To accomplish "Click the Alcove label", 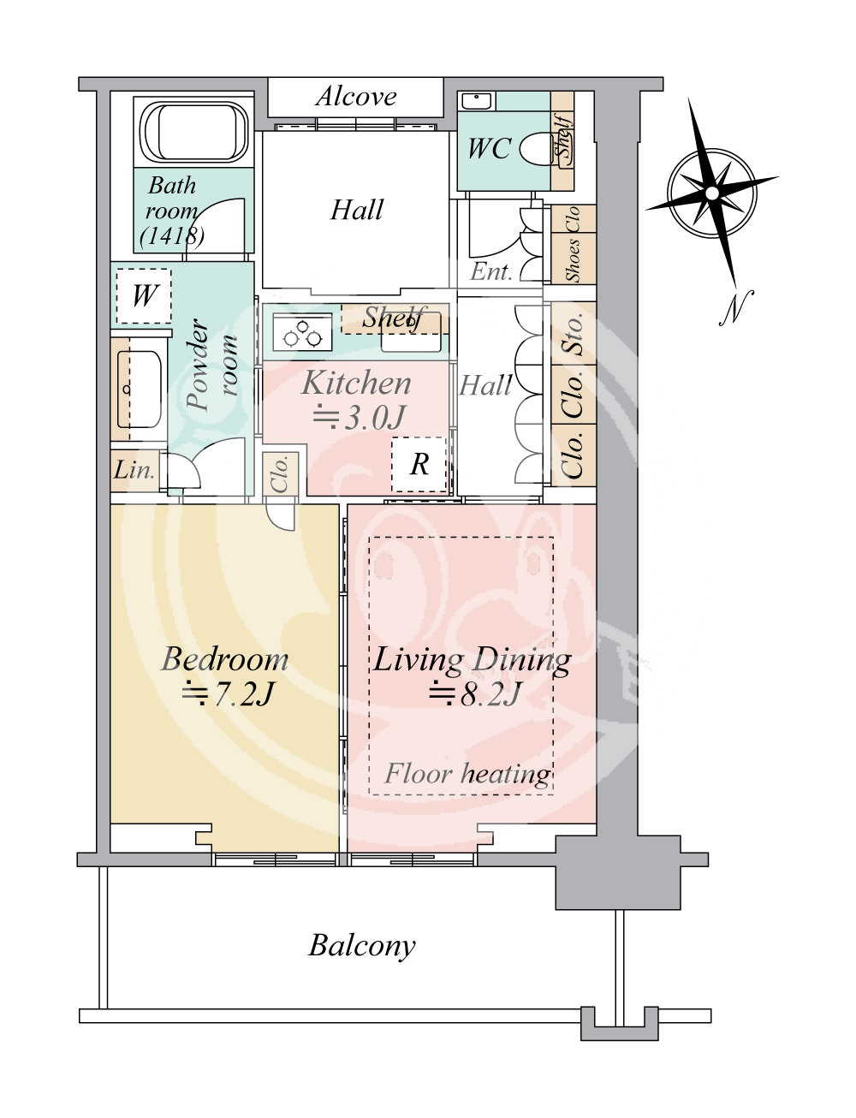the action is [356, 96].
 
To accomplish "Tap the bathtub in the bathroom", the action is [194, 132].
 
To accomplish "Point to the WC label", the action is [489, 148].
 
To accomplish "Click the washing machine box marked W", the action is [144, 296].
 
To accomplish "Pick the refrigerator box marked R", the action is [419, 464].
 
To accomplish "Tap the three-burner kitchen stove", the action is [302, 332].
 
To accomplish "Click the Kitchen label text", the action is [356, 384].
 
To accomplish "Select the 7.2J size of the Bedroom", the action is [226, 694].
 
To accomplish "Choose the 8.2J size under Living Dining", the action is [475, 693].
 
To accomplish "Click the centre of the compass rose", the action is [711, 193].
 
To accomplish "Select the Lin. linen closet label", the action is [134, 470].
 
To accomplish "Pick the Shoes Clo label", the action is [573, 244].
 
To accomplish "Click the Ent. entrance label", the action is [491, 271].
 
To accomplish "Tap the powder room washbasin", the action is [139, 390].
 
